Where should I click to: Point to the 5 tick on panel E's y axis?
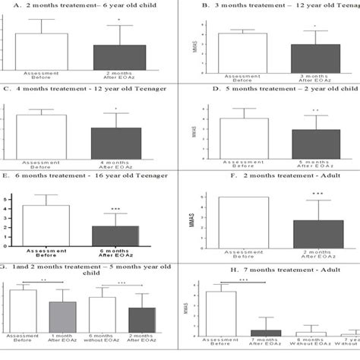click(x=7, y=200)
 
